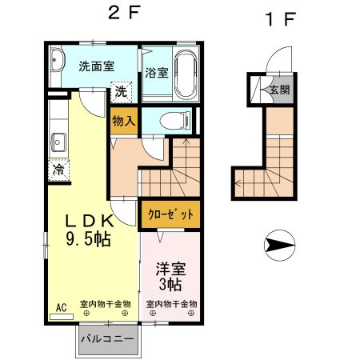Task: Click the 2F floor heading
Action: point(124,13)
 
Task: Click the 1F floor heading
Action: point(281,19)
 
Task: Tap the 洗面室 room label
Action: point(97,66)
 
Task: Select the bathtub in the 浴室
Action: point(186,74)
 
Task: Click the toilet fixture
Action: point(175,122)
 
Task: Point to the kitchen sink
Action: point(58,142)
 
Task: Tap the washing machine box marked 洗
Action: point(122,92)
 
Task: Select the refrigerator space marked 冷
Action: point(58,170)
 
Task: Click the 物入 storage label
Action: point(124,121)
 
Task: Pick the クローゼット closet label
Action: point(170,214)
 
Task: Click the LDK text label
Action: point(90,221)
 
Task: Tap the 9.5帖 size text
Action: point(88,239)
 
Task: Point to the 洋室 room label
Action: point(170,269)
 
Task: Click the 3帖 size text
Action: point(170,284)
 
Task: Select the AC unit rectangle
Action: point(62,317)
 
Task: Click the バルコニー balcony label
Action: point(107,339)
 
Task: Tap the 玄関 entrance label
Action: point(280,90)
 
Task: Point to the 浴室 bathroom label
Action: point(157,73)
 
